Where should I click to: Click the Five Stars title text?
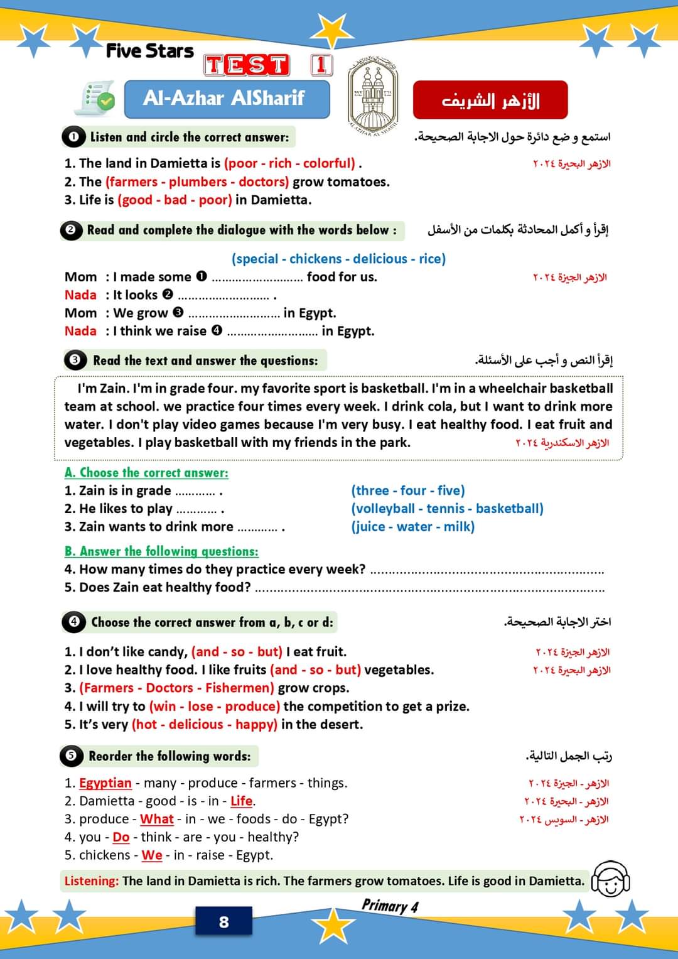coord(150,51)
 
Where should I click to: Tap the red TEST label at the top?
coord(246,65)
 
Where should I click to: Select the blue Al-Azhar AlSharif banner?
coord(227,99)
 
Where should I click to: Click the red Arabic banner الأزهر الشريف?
coord(490,100)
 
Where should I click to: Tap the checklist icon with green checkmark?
coord(95,99)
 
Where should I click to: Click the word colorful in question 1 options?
coord(329,163)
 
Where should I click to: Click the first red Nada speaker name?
coord(80,295)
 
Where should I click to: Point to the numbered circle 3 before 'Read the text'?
coord(75,360)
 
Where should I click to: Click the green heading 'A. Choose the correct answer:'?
coord(146,472)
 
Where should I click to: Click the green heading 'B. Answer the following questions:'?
coord(161,551)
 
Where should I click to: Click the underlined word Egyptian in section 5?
coord(105,783)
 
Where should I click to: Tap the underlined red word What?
coord(156,819)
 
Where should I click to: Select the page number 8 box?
coord(223,922)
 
